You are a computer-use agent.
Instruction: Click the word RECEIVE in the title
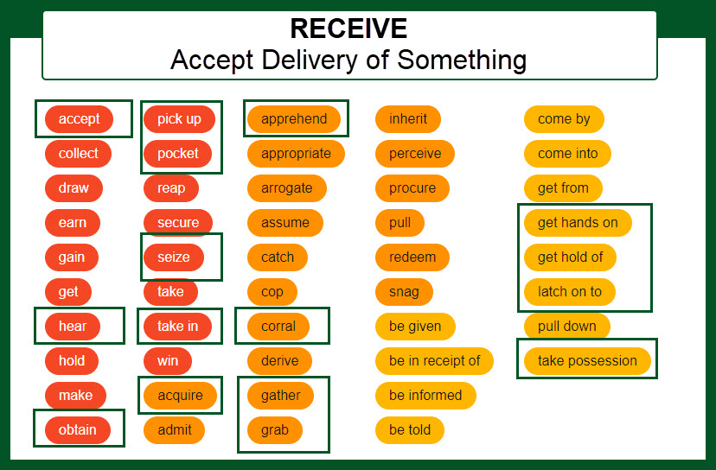pyautogui.click(x=348, y=29)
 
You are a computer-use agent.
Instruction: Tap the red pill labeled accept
pyautogui.click(x=79, y=119)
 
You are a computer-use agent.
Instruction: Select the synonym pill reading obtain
pyautogui.click(x=78, y=429)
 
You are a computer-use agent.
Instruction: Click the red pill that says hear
pyautogui.click(x=73, y=326)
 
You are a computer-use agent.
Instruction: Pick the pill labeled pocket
pyautogui.click(x=178, y=153)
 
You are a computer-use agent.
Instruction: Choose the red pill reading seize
pyautogui.click(x=174, y=257)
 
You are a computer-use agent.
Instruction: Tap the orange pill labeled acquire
pyautogui.click(x=180, y=395)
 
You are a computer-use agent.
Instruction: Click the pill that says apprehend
pyautogui.click(x=294, y=119)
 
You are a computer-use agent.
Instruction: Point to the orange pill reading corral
pyautogui.click(x=278, y=326)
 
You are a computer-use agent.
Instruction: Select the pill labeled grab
pyautogui.click(x=275, y=429)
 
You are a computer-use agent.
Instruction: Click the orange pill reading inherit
pyautogui.click(x=408, y=119)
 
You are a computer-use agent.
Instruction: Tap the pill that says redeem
pyautogui.click(x=412, y=257)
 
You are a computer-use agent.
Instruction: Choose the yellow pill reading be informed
pyautogui.click(x=425, y=395)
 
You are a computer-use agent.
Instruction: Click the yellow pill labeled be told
pyautogui.click(x=410, y=429)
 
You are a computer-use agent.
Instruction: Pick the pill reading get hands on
pyautogui.click(x=578, y=222)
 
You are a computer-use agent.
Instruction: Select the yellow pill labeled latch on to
pyautogui.click(x=570, y=291)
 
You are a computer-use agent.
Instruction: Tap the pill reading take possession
pyautogui.click(x=587, y=360)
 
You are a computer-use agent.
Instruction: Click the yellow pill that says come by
pyautogui.click(x=564, y=119)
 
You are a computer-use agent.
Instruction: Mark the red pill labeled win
pyautogui.click(x=168, y=360)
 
